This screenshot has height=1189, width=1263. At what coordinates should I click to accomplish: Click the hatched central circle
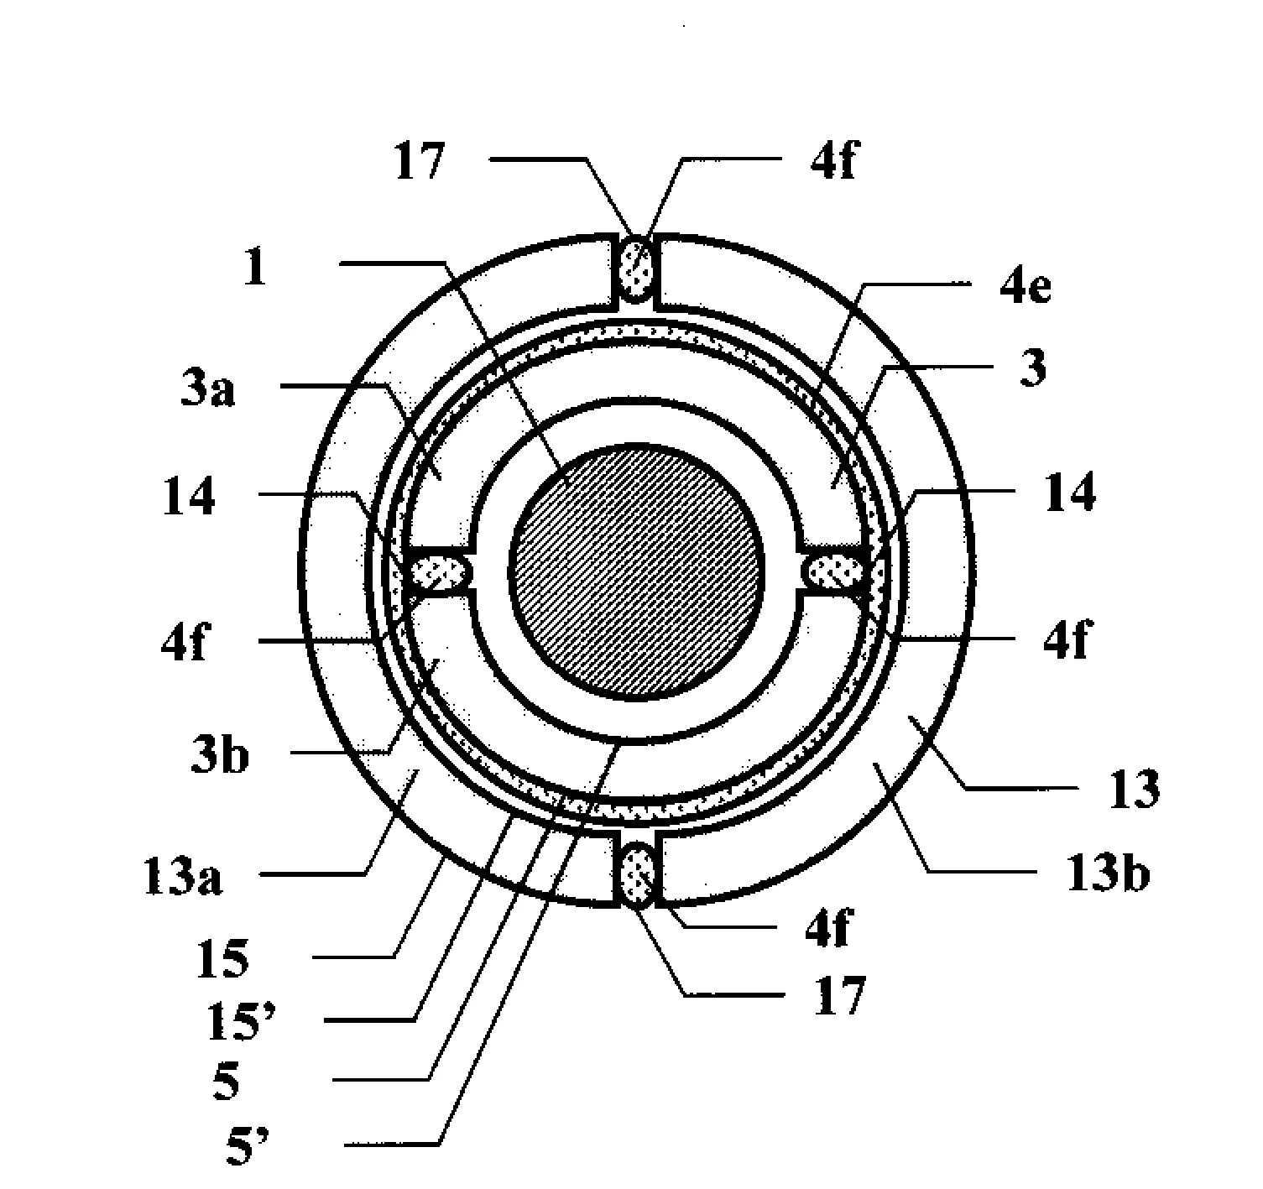pyautogui.click(x=636, y=572)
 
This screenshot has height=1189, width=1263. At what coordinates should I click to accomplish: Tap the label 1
pyautogui.click(x=255, y=267)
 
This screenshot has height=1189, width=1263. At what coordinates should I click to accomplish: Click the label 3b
pyautogui.click(x=219, y=754)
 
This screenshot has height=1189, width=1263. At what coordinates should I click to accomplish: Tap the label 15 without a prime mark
pyautogui.click(x=222, y=959)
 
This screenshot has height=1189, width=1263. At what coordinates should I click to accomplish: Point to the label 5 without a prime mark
pyautogui.click(x=226, y=1082)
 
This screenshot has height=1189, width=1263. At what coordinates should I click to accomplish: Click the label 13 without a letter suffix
pyautogui.click(x=1135, y=789)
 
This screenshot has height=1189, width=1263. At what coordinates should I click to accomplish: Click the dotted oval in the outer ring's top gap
pyautogui.click(x=636, y=269)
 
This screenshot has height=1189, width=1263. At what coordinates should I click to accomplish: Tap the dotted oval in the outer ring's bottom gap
pyautogui.click(x=637, y=874)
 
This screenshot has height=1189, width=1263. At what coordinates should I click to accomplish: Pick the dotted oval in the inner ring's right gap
pyautogui.click(x=833, y=572)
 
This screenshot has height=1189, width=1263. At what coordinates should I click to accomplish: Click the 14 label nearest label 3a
pyautogui.click(x=189, y=496)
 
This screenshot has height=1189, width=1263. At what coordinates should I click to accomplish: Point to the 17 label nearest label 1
pyautogui.click(x=419, y=161)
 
